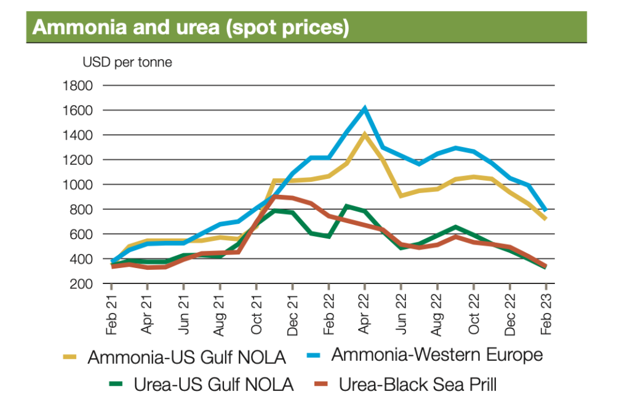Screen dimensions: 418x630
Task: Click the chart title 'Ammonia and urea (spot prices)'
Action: [191, 28]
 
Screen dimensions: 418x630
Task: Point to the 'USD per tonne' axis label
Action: [127, 62]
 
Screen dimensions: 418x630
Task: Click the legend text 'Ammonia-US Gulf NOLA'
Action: [187, 357]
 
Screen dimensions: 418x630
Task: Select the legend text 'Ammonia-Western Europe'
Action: [437, 355]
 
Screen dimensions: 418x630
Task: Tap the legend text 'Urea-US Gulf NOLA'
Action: [213, 385]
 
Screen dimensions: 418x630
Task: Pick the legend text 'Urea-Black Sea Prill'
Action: [418, 385]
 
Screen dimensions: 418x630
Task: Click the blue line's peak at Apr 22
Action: [365, 109]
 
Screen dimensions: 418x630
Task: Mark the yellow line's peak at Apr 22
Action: [365, 134]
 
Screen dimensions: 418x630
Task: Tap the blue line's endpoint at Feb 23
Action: [545, 210]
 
